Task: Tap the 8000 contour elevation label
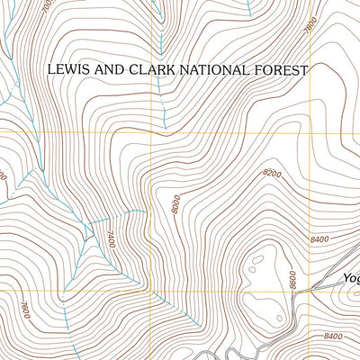point(176,205)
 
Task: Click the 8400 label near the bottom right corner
point(332,337)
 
